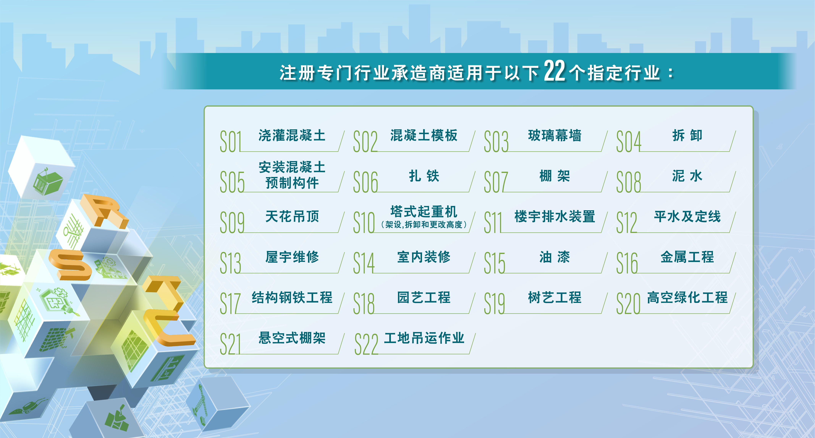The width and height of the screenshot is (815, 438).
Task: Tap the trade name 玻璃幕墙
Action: pos(555,135)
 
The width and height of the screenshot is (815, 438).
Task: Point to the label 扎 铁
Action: pos(424,176)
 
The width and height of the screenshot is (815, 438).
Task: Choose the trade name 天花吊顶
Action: pos(292,217)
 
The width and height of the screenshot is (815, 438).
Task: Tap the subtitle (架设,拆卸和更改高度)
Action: pos(424,225)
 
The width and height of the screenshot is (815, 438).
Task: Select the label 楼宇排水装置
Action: pos(555,217)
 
